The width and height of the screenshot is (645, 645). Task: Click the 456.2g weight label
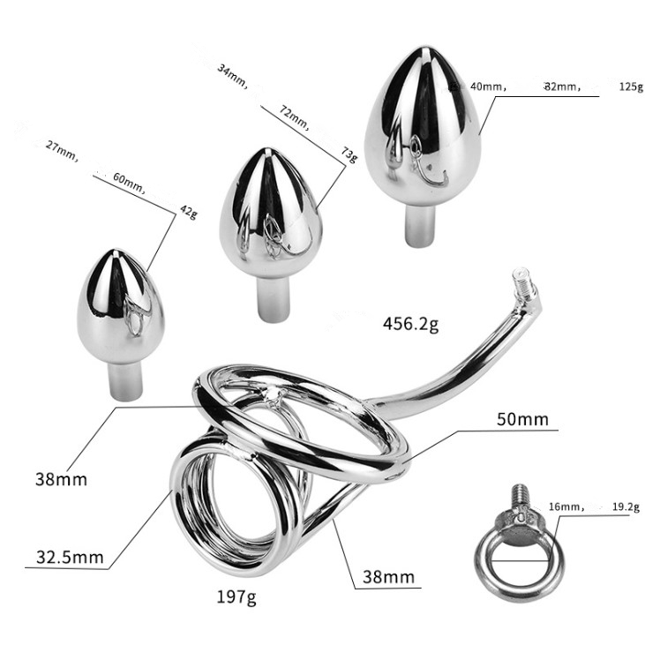click(x=410, y=324)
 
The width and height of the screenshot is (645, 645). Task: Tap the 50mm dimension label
click(x=522, y=419)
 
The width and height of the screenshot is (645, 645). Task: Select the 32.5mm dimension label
click(x=70, y=558)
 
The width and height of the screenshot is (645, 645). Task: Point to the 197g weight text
click(x=236, y=596)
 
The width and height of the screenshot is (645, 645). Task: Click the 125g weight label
click(x=631, y=86)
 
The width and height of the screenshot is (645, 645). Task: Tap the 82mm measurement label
click(x=562, y=86)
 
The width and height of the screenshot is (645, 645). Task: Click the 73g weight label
click(x=349, y=154)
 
